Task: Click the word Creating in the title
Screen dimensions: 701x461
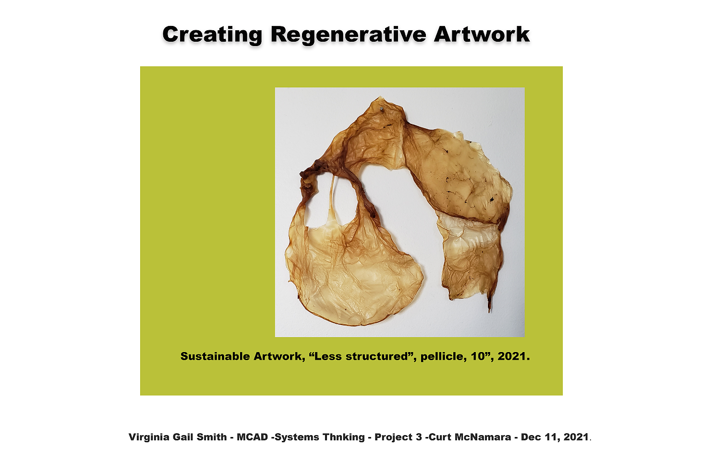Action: point(212,35)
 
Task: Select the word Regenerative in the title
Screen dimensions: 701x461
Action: point(348,35)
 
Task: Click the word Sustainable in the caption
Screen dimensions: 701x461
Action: point(215,356)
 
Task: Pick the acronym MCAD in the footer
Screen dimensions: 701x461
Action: point(252,437)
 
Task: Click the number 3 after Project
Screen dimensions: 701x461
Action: point(419,437)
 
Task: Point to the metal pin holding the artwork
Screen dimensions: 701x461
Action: point(382,109)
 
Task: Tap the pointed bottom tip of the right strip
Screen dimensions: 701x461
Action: point(489,312)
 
